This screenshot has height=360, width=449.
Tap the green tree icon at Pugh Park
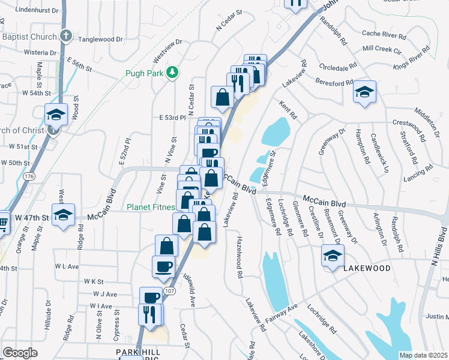(x=173, y=73)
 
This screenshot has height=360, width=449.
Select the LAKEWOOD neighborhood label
(x=367, y=268)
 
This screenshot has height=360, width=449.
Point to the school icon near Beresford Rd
(x=364, y=92)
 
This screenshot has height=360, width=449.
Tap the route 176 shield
(x=29, y=177)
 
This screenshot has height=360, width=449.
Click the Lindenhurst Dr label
(x=37, y=10)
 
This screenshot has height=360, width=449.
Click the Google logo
(x=20, y=352)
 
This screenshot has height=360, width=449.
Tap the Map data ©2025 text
(x=423, y=355)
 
